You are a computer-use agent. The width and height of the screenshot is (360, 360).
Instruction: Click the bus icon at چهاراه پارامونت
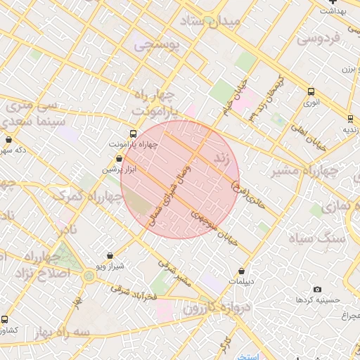click(x=134, y=134)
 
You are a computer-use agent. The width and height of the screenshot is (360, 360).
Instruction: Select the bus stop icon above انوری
click(x=311, y=91)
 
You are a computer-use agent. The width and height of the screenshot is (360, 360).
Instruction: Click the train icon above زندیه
click(x=350, y=119)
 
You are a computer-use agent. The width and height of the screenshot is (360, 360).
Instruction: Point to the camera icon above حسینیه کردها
click(x=317, y=290)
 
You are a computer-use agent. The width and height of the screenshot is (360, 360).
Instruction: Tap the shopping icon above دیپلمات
click(x=242, y=271)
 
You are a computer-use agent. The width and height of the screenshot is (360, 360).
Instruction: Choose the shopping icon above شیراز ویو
click(x=109, y=257)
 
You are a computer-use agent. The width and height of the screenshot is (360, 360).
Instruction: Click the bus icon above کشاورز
click(x=5, y=319)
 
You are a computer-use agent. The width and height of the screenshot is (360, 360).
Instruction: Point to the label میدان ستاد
click(x=210, y=22)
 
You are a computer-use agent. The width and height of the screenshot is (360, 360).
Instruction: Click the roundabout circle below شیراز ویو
click(x=89, y=276)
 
